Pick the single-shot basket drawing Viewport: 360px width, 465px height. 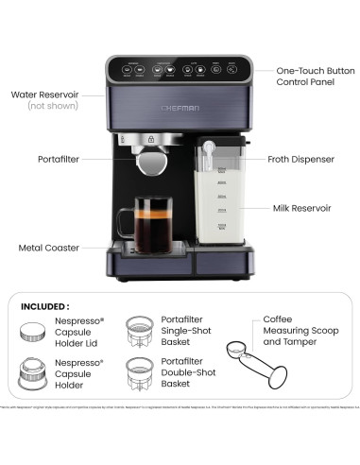(x=142, y=331)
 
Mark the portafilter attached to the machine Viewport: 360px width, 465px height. (x=151, y=161)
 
